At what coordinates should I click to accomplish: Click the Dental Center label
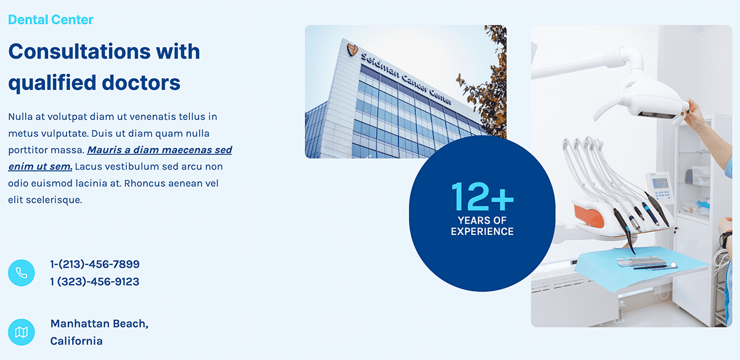pos(51,20)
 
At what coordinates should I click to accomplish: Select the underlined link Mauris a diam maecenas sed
pos(160,150)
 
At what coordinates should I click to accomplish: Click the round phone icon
pos(22,273)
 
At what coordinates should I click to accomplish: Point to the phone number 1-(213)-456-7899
pos(95,264)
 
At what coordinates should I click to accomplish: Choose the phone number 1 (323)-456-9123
pos(95,282)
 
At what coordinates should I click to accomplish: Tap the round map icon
pos(22,332)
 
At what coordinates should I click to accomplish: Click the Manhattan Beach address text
pos(99,324)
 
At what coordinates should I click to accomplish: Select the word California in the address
pos(76,341)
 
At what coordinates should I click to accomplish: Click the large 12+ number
pos(482,197)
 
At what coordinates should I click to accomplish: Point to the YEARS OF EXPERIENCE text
pos(482,226)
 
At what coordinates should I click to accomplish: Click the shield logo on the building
pos(353,49)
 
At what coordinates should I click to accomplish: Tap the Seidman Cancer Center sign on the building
pos(406,79)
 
